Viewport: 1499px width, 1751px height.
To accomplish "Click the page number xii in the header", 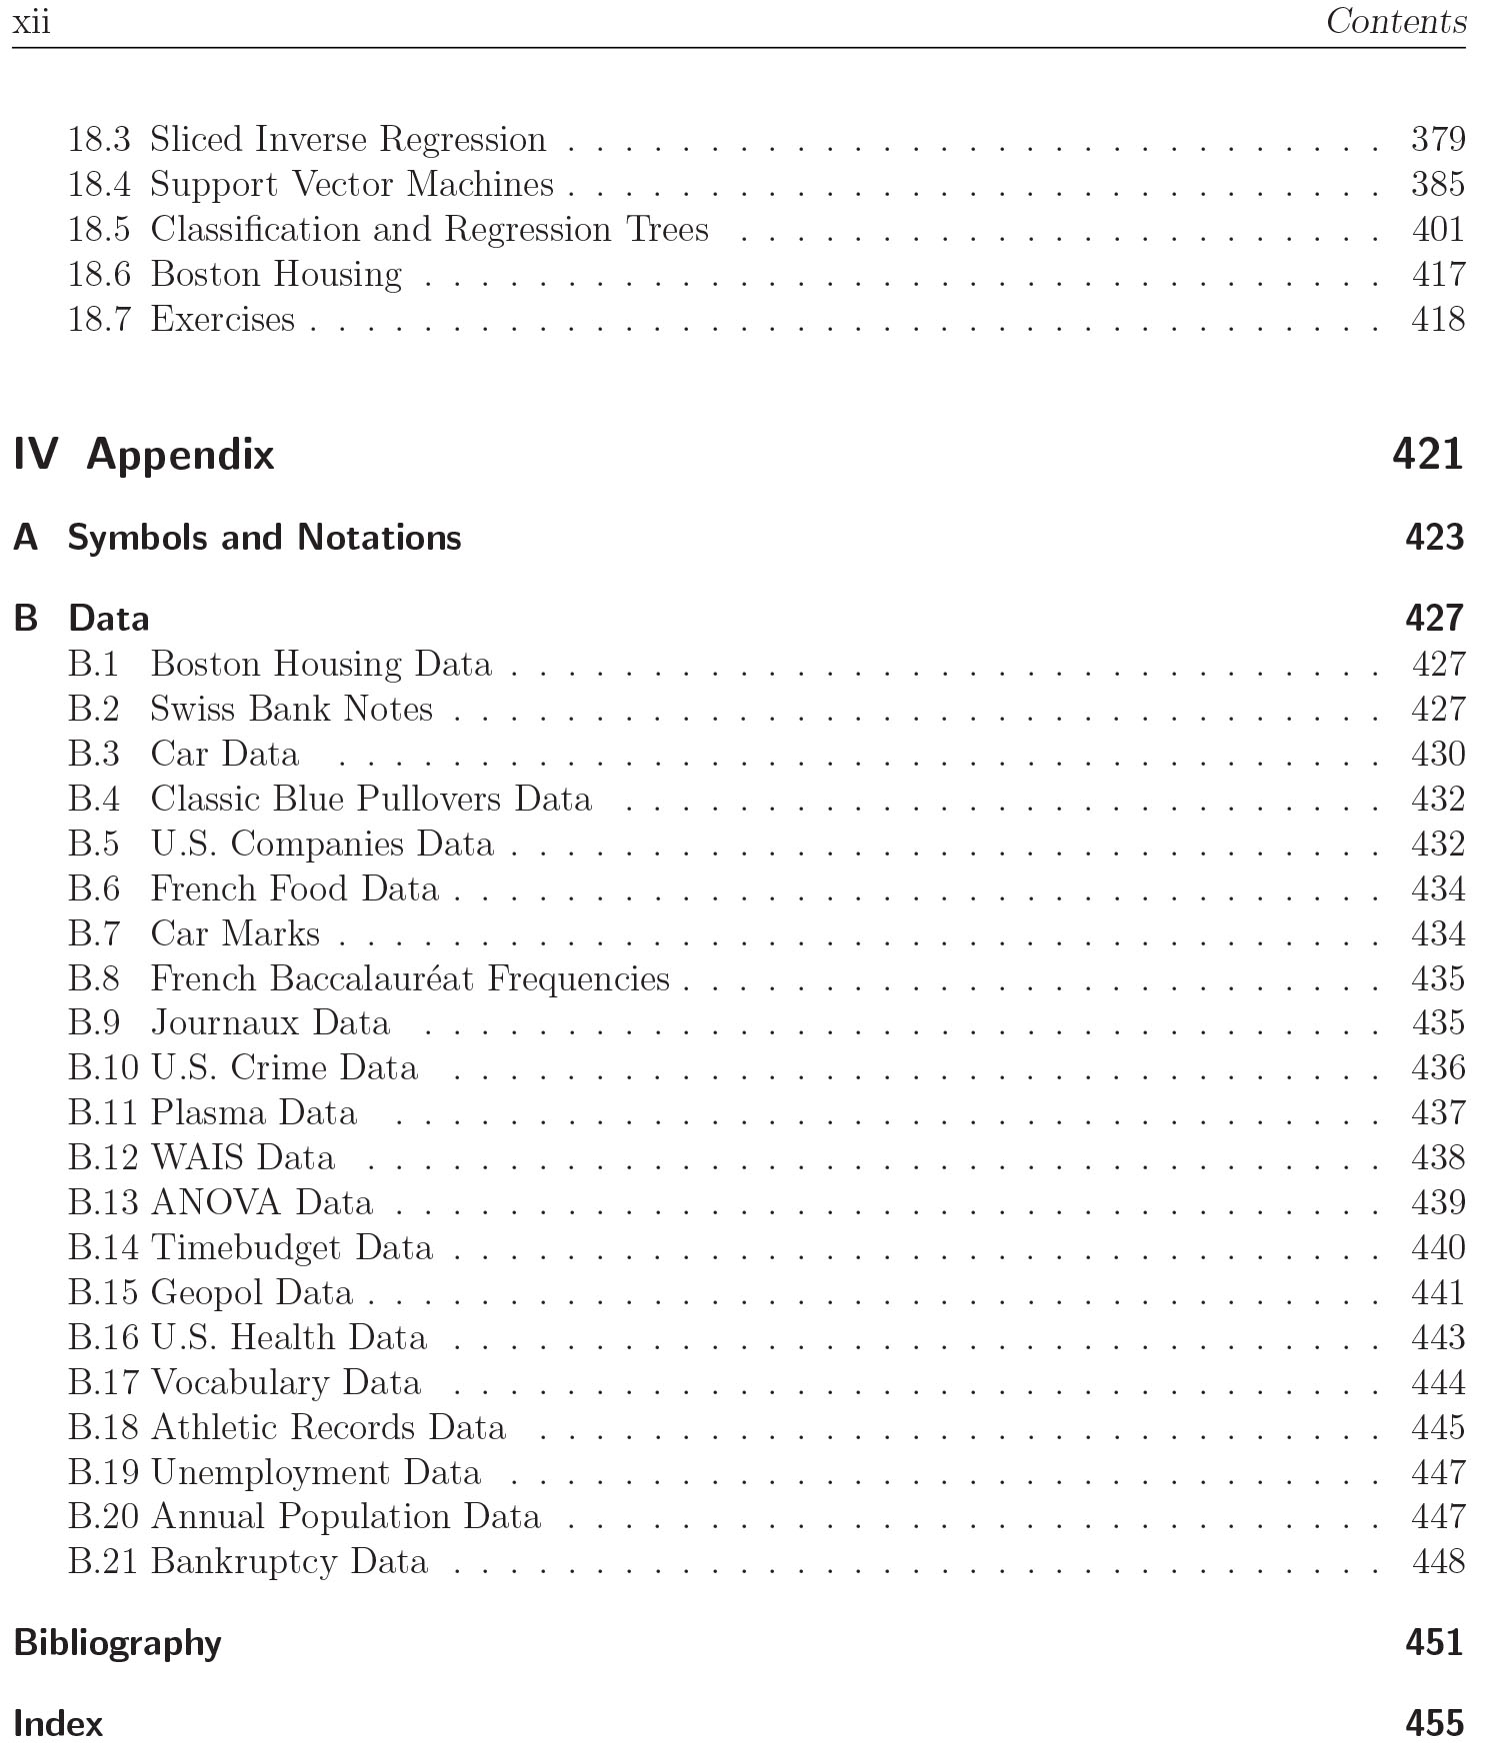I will (31, 22).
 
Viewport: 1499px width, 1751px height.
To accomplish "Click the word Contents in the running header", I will (1395, 21).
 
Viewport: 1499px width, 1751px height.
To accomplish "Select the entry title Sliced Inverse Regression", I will (348, 139).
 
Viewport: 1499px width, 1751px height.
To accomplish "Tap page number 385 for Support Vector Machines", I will (1437, 184).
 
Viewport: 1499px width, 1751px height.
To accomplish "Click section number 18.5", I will (98, 229).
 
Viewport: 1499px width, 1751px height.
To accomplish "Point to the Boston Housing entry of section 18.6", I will (276, 274).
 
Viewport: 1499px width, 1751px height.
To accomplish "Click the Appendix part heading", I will (180, 455).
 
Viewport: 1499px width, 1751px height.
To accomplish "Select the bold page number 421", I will (1427, 455).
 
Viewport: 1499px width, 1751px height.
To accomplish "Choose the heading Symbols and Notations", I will (264, 538).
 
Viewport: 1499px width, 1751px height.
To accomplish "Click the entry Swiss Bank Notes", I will (291, 709).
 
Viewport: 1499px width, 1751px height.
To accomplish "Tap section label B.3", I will (93, 754).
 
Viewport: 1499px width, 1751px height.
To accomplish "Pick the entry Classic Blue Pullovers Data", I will (371, 799).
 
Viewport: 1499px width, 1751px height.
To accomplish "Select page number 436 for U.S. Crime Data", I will (1437, 1067).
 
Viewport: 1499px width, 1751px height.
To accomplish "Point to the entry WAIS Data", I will (243, 1157).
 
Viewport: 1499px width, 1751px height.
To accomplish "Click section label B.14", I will (103, 1247).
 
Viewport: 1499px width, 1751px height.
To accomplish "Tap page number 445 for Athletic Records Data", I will (1437, 1427).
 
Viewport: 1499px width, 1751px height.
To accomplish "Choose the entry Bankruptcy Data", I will (289, 1561).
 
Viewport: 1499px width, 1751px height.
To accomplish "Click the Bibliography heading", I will (118, 1643).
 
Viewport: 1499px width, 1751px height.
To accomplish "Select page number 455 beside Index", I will (1434, 1724).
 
